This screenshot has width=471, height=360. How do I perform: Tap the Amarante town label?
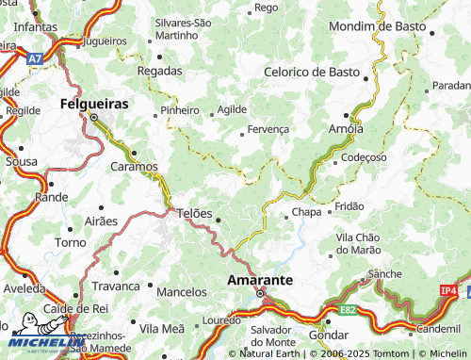261,281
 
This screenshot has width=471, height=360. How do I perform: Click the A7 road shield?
35,58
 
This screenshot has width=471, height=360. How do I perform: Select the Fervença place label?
268,130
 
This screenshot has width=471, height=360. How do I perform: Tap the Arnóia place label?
346,127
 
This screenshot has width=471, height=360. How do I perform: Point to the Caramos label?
135,166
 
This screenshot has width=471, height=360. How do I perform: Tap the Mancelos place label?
181,292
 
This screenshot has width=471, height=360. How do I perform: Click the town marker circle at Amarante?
261,295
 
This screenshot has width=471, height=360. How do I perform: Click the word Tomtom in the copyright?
372,353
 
